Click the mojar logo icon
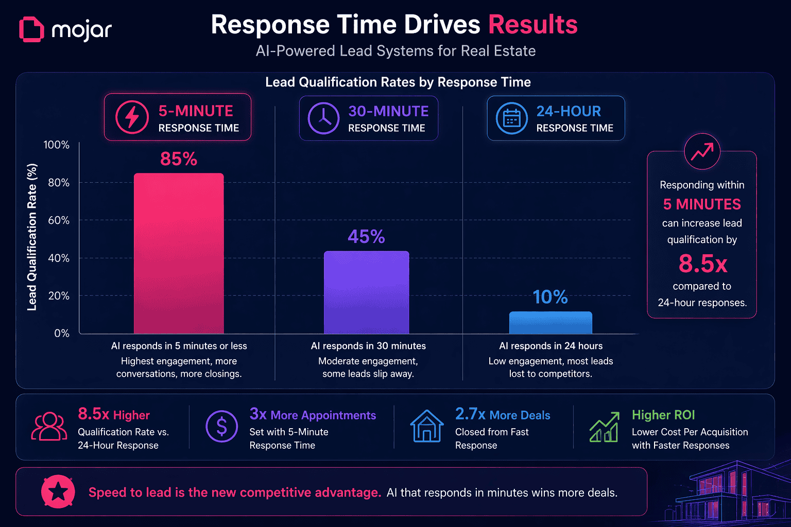pos(31,29)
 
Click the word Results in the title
pos(532,25)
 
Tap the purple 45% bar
pos(366,292)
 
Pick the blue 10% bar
pos(551,323)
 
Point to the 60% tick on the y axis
pos(59,220)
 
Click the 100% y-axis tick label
pos(57,145)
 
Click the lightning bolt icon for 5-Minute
pos(132,117)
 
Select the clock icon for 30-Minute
pos(323,118)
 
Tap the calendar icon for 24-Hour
pos(511,118)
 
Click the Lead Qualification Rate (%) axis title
pos(32,237)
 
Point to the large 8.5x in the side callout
pos(702,263)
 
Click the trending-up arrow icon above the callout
pos(702,151)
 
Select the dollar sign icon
pos(221,426)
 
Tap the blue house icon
pos(427,426)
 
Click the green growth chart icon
pos(605,427)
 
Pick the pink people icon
pos(49,426)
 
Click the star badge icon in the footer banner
pos(58,491)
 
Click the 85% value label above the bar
pos(179,159)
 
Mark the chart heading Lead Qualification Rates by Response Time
pos(398,82)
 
